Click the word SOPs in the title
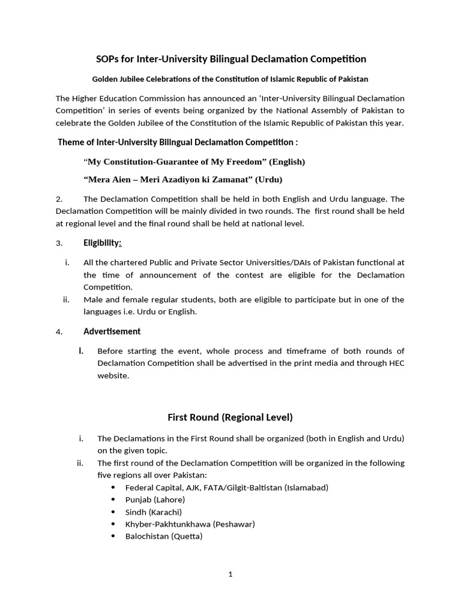tap(109, 59)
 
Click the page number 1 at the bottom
tap(230, 574)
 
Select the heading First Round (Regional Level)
tap(230, 417)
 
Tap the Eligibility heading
tap(103, 243)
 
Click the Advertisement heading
tap(112, 331)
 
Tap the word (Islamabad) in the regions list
tap(306, 487)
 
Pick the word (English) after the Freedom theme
tap(287, 162)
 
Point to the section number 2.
tap(59, 199)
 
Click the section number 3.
tap(59, 243)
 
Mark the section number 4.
tap(59, 332)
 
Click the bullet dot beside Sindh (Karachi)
tap(113, 512)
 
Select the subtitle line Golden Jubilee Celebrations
tap(230, 79)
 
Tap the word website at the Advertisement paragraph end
tap(113, 375)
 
